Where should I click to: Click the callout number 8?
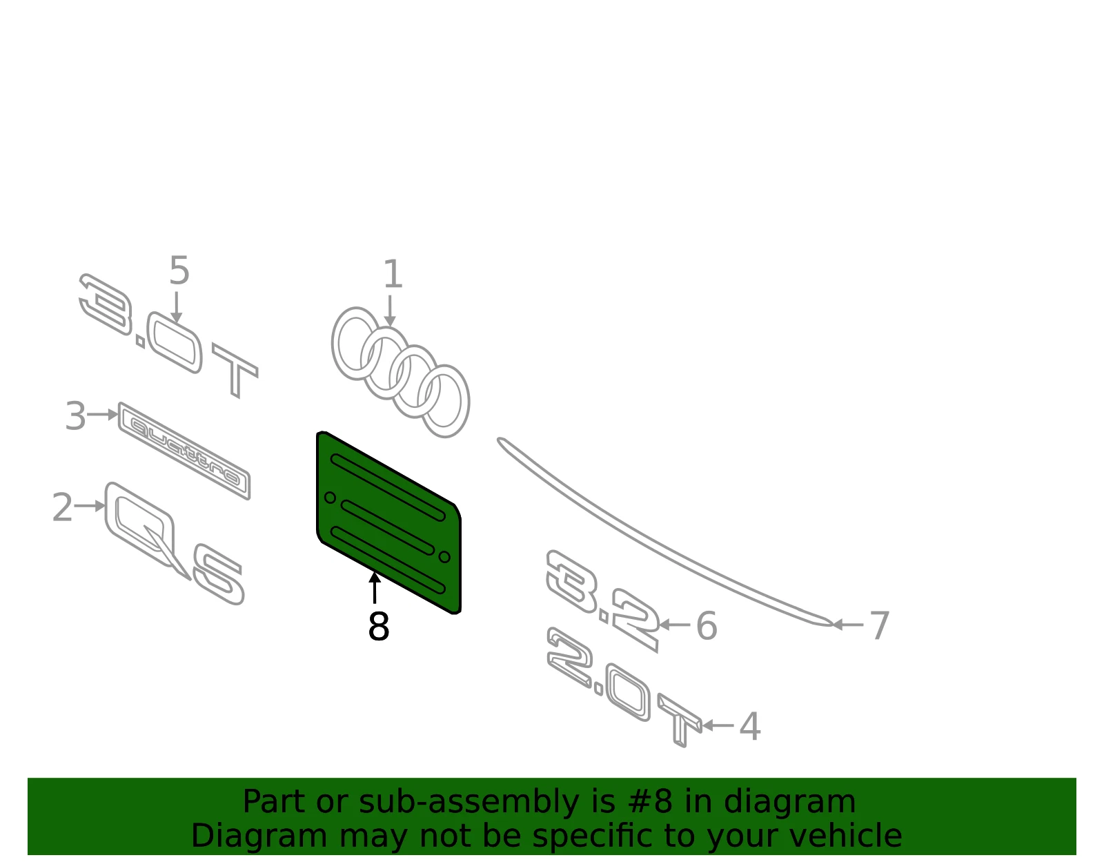pos(379,626)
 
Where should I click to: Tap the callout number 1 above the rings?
pos(393,274)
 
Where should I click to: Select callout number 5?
pos(179,271)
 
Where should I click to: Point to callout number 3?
pos(76,416)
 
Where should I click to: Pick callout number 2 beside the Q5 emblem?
pos(63,507)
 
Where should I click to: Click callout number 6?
pos(706,626)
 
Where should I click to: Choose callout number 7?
pos(880,625)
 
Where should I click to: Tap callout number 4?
pos(750,726)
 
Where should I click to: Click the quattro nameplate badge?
pos(184,451)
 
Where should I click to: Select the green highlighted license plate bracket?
pos(388,523)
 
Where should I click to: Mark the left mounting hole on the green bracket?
pos(330,498)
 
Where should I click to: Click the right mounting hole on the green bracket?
pos(444,557)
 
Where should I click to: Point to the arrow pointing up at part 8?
pos(375,588)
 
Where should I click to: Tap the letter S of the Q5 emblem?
pos(219,574)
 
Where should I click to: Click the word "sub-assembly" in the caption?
pos(469,802)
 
